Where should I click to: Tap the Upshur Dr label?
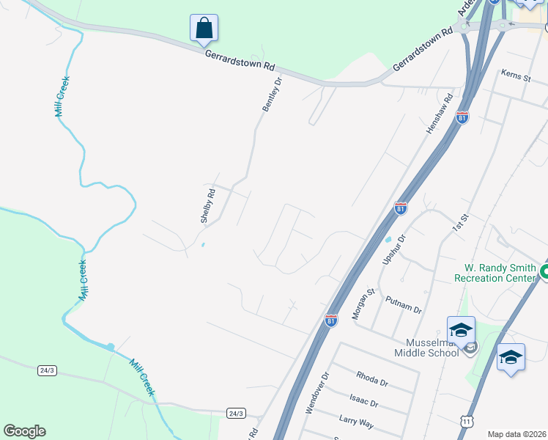coord(394,250)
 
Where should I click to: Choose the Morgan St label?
coord(364,301)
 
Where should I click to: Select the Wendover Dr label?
coord(316,392)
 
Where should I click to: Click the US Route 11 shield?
coord(467,421)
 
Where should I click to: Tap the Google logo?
coord(24,431)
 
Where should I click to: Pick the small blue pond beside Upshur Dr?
coord(388,240)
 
